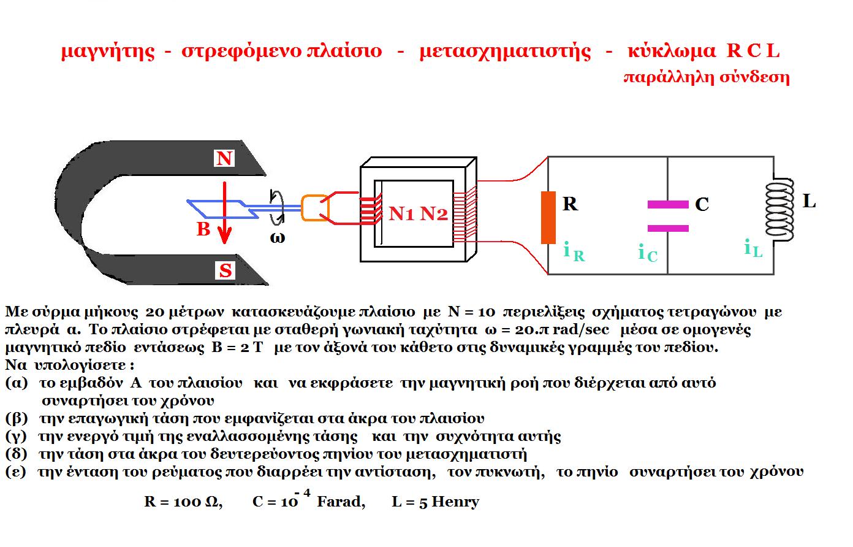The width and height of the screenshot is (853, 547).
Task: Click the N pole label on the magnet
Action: coord(224,158)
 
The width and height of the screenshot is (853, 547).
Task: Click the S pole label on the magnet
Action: coord(225,270)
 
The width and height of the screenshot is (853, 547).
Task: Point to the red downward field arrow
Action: coord(225,213)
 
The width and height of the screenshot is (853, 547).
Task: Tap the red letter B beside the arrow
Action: coord(203,229)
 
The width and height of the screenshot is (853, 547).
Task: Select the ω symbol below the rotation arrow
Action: coord(277,238)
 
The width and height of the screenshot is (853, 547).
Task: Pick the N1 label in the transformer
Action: coord(401,213)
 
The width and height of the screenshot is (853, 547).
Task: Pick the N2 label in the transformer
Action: coord(433,213)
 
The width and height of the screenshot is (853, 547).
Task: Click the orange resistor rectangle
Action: coord(548,218)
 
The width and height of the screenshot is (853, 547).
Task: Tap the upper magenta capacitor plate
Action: coord(668,205)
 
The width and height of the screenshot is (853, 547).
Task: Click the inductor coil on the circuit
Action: coord(779,210)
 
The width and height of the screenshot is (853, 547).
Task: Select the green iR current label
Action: coord(574,251)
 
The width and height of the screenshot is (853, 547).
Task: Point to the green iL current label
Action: coord(753,248)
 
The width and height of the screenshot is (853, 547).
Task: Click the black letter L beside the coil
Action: coord(809,201)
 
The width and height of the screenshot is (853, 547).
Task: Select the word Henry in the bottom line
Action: coord(455,502)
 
